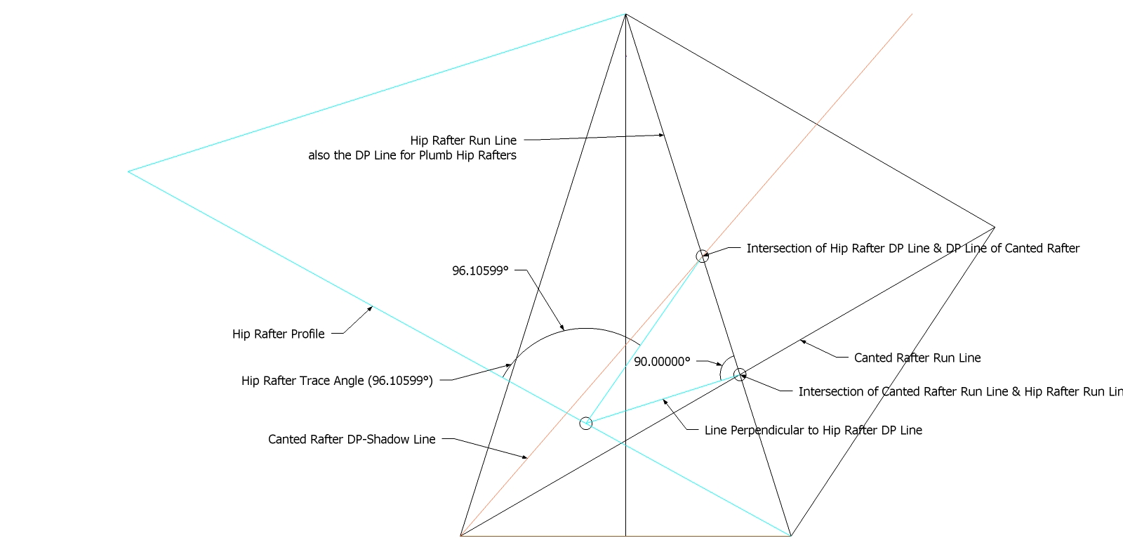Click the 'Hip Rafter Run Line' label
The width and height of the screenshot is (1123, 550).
463,140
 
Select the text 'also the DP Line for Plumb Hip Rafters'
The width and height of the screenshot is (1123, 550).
412,155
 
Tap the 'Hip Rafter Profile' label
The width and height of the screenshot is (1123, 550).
278,334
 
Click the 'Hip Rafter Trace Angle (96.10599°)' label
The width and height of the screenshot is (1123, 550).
337,381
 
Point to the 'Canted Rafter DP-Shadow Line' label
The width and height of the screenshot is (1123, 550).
352,439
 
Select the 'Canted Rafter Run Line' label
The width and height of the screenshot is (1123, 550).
917,358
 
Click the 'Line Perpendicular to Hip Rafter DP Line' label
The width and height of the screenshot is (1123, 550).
813,430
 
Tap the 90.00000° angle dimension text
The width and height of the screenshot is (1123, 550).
662,362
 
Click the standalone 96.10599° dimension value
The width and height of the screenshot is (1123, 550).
480,270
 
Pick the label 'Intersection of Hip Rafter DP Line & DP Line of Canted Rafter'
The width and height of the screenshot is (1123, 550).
912,248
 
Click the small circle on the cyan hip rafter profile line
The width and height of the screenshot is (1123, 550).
586,423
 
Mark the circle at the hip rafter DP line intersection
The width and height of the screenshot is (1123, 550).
702,256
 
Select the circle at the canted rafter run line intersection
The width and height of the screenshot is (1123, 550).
739,374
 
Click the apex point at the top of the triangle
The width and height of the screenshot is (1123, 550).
625,14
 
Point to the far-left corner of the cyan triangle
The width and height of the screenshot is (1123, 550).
128,171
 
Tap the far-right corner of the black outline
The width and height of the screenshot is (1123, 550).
995,227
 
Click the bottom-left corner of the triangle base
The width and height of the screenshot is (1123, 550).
460,535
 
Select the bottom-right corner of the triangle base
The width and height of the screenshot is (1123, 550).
791,535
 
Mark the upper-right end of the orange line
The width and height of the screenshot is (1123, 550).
912,14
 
